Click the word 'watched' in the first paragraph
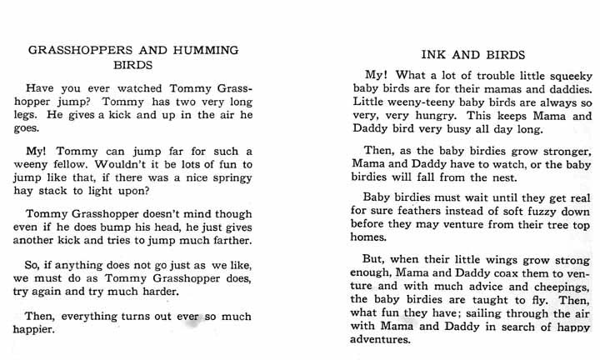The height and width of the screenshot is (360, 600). (x=137, y=89)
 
